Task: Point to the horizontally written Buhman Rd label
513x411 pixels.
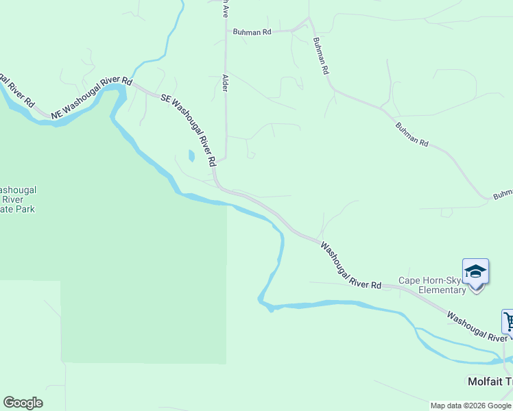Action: click(x=252, y=32)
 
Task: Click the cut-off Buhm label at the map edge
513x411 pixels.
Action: click(x=503, y=194)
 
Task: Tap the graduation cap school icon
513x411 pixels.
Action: click(x=475, y=272)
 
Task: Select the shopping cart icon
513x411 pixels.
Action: click(x=508, y=321)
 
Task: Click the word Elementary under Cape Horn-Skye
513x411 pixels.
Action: click(x=443, y=290)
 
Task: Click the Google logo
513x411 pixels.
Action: click(x=23, y=403)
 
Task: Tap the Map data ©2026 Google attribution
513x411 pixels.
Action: click(x=471, y=406)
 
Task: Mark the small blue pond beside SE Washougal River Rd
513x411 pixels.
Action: click(x=191, y=156)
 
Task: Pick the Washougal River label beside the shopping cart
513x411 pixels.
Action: click(x=477, y=326)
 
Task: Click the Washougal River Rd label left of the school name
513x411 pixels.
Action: click(x=351, y=265)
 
